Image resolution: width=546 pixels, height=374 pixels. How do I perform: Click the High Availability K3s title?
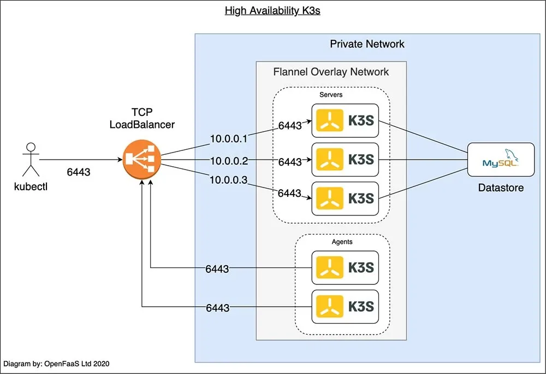[272, 10]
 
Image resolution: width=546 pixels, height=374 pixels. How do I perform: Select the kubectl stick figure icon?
[31, 158]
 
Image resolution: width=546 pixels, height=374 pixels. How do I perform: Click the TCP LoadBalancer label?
[142, 118]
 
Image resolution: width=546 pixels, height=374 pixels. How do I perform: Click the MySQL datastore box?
[500, 159]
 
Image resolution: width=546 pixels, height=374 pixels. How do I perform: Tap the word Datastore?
[501, 188]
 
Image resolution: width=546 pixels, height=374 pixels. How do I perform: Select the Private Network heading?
[367, 44]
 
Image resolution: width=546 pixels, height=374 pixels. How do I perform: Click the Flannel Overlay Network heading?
[331, 72]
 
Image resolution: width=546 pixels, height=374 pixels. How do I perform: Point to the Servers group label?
[331, 95]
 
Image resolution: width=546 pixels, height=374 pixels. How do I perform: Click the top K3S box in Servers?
[345, 120]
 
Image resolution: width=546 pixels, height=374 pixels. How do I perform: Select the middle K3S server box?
[345, 159]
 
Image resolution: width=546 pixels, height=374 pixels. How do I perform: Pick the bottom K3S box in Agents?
[345, 307]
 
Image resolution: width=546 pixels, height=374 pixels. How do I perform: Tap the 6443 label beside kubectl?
[78, 172]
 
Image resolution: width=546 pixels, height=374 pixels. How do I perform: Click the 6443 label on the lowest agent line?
[217, 308]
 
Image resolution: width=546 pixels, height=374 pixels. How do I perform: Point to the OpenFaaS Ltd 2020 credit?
[60, 363]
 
